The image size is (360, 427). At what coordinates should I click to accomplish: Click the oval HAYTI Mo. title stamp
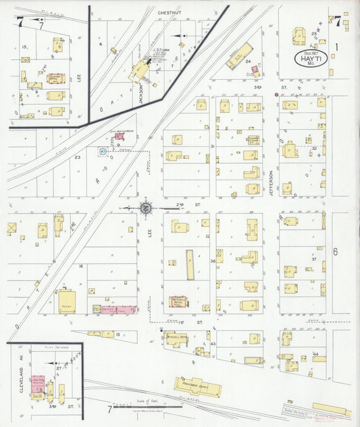point(311,58)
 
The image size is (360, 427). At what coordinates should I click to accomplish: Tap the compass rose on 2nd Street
point(145,207)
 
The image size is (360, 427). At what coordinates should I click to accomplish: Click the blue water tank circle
point(103,151)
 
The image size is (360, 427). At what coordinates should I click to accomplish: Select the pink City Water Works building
point(120,136)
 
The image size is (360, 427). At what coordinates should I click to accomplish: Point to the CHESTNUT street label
point(165,13)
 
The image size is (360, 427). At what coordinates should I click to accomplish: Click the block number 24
point(248,61)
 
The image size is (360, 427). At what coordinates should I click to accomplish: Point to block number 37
point(314,259)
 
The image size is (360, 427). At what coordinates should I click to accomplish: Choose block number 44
point(315,354)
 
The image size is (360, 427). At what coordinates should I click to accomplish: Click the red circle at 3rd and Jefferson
point(276,95)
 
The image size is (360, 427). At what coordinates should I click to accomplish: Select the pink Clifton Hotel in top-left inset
point(55,78)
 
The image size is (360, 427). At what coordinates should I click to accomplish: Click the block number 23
point(78,157)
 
